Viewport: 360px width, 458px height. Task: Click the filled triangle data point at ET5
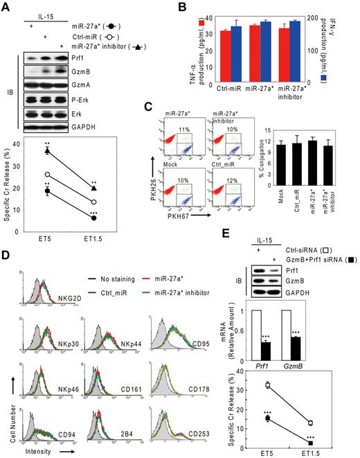(46, 150)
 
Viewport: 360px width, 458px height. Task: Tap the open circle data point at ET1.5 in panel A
(93, 202)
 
